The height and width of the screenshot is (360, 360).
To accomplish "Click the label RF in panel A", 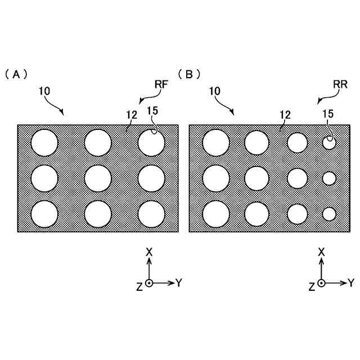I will click(162, 84).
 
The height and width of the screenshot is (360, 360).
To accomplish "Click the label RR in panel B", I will click(340, 84).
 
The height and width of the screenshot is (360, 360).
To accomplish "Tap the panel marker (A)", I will click(16, 74).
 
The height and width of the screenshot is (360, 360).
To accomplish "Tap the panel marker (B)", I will click(189, 74).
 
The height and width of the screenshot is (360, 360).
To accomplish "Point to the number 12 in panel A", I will click(132, 114).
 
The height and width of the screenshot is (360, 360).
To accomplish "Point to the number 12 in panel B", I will click(285, 114).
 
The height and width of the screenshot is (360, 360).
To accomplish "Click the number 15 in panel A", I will click(152, 111).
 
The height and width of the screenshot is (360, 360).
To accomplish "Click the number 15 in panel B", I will click(328, 114).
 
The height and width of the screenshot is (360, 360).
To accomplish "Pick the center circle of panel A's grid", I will click(98, 179).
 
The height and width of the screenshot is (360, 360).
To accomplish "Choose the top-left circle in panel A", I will click(44, 142).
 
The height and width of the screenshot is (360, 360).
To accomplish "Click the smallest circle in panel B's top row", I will click(329, 143).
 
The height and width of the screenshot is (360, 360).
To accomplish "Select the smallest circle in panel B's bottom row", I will click(329, 214).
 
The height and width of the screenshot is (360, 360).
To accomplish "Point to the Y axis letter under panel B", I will click(351, 283).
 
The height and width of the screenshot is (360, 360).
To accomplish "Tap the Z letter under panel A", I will click(139, 286).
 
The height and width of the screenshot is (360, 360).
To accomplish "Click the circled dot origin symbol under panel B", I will click(321, 283).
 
